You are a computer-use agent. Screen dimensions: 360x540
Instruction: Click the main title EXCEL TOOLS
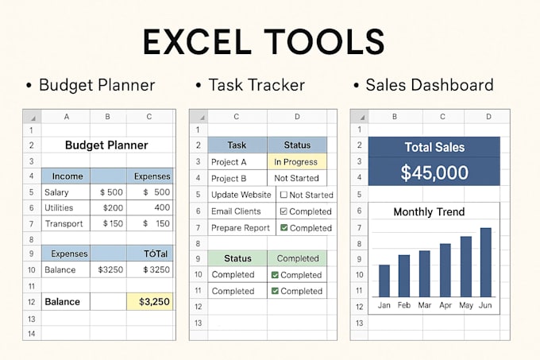(263, 41)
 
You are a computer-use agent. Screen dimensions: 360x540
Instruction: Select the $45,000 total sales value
(434, 172)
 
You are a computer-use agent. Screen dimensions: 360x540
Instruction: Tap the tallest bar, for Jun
(485, 262)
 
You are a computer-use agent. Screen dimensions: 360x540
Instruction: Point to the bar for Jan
(384, 281)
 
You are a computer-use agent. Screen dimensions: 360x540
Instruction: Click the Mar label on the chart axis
(424, 305)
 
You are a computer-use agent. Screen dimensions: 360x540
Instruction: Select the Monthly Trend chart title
(429, 211)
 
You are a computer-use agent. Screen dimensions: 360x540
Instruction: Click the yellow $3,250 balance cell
(151, 301)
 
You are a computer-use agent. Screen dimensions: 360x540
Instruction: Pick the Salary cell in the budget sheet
(57, 192)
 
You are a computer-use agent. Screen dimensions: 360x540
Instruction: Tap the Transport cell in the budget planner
(64, 223)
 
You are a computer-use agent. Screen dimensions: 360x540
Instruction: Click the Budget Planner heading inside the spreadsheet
(106, 145)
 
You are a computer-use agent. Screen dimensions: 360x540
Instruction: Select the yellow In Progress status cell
(295, 162)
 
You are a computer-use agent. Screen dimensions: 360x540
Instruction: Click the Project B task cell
(229, 178)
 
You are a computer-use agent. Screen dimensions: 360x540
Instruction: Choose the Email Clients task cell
(236, 211)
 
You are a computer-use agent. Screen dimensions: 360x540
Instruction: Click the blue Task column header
(237, 145)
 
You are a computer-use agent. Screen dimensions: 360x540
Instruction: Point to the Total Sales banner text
(434, 147)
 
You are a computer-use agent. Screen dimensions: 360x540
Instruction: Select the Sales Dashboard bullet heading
(429, 85)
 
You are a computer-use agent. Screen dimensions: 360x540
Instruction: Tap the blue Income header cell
(67, 176)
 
